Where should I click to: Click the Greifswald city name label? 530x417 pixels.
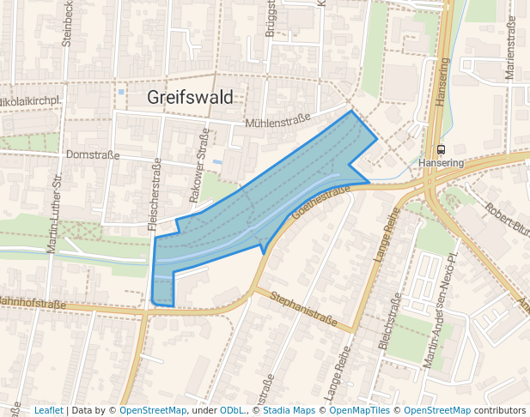190,97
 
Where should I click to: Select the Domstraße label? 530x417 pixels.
92,155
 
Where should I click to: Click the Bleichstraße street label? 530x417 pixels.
390,321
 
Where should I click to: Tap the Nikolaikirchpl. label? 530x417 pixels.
30,101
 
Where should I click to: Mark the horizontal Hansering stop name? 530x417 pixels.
442,162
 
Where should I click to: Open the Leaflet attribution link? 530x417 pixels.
48,410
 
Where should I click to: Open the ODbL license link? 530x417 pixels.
232,410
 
